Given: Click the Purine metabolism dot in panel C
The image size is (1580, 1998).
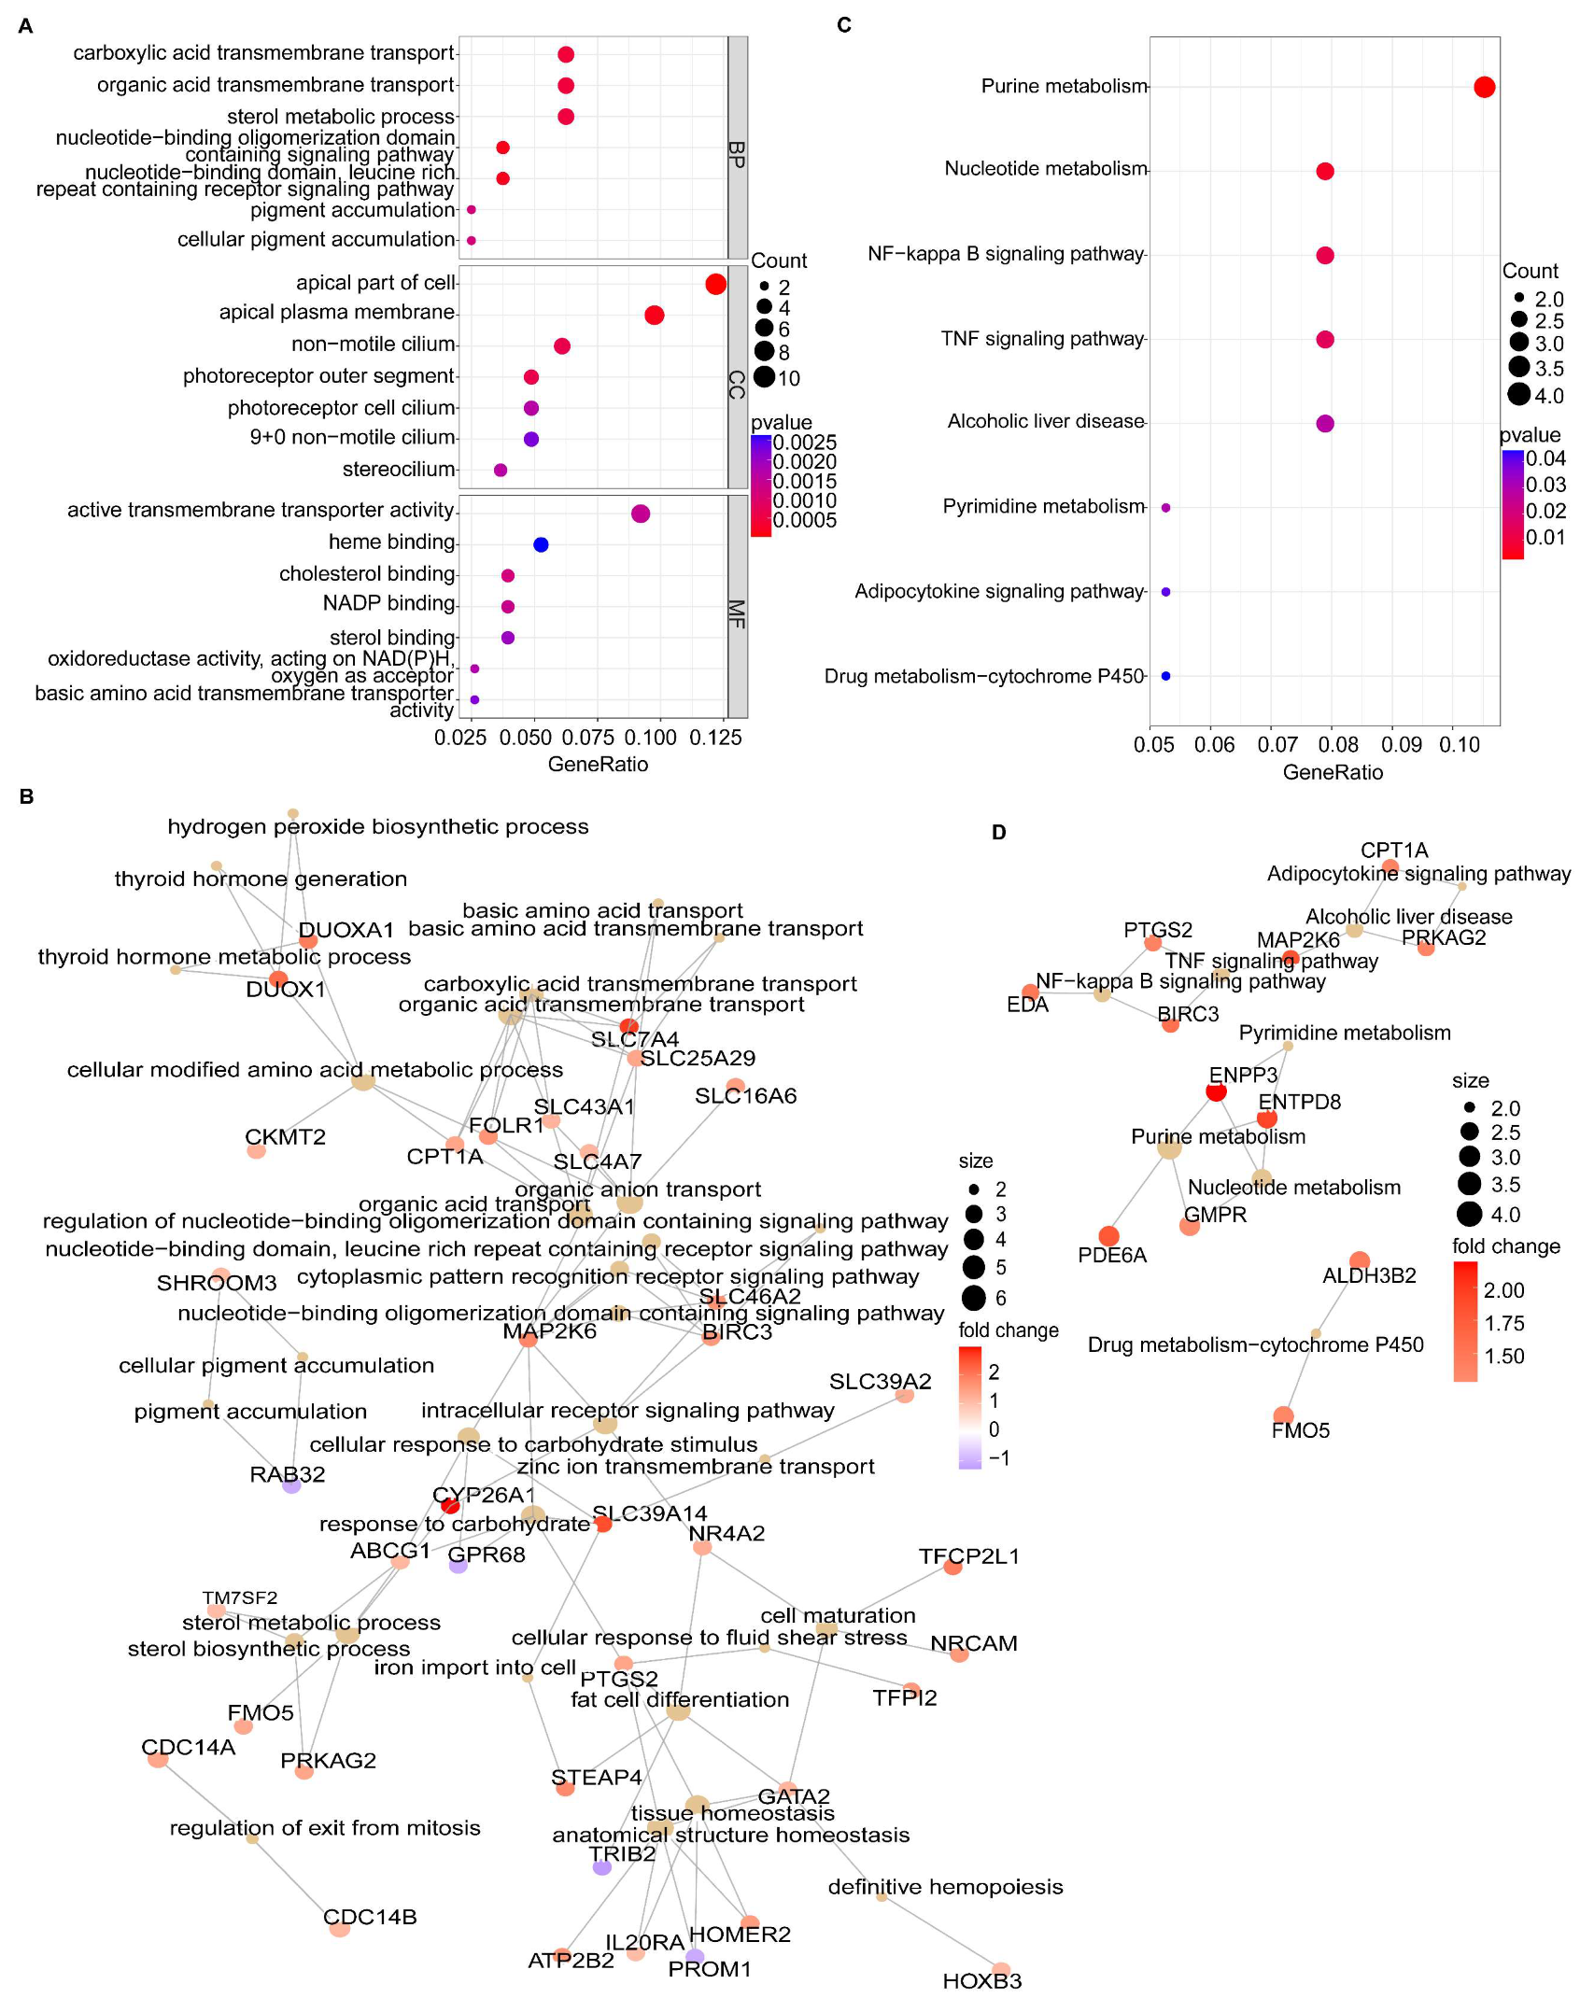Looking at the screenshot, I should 1484,87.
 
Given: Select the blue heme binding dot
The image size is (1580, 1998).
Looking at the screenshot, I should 541,544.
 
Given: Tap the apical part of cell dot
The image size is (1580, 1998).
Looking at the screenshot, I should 715,284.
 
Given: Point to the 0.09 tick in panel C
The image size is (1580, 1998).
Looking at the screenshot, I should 1401,745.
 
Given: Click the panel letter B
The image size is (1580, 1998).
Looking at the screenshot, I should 26,796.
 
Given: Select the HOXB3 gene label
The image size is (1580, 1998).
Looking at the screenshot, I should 981,1981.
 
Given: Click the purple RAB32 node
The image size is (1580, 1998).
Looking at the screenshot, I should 291,1485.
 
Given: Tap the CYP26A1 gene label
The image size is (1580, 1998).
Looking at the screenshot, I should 484,1495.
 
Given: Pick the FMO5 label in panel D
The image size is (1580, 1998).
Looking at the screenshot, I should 1300,1430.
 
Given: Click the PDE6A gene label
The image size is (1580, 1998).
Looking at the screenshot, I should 1112,1255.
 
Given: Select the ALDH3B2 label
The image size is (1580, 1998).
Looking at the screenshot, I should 1369,1275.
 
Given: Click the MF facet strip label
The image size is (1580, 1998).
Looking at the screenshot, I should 737,613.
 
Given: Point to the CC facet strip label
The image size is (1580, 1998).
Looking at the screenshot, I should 737,384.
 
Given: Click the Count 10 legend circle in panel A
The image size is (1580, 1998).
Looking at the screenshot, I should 765,377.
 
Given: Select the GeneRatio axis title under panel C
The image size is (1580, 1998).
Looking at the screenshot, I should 1333,772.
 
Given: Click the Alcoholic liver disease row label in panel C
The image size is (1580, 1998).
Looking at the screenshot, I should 1045,421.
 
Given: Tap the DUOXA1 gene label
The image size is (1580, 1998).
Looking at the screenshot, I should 346,930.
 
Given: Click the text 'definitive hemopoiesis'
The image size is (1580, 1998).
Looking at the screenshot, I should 945,1887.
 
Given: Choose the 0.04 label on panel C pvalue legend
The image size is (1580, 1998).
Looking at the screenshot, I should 1545,458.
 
